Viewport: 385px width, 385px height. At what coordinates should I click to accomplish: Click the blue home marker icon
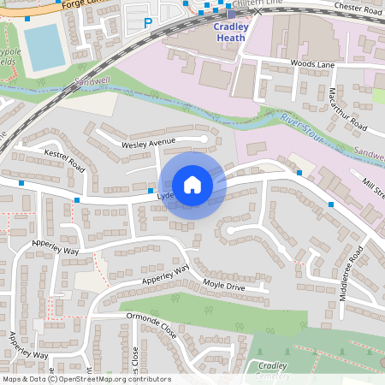192,184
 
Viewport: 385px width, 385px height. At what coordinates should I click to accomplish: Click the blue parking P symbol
149,24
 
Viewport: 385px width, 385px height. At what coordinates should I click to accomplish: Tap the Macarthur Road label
347,109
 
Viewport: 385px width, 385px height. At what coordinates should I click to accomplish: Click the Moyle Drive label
223,285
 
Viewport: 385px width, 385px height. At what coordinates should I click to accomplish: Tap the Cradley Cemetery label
272,371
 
